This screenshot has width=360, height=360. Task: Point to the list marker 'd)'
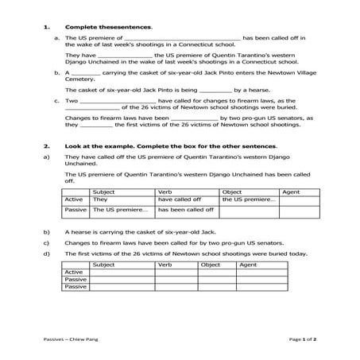coord(47,254)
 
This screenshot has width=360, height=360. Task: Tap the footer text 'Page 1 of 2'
coord(300,338)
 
